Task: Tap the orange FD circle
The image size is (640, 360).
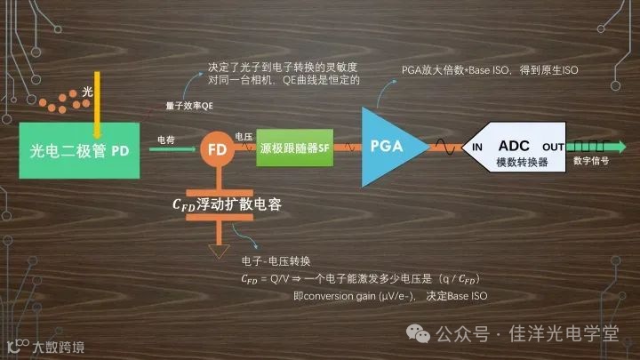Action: [x=217, y=150]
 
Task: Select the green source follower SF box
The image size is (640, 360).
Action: [x=293, y=148]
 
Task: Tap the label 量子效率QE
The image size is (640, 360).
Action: [x=189, y=105]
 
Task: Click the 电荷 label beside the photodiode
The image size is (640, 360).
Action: [x=166, y=140]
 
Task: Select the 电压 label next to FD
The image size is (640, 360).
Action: [x=244, y=136]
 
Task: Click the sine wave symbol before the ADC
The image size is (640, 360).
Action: [x=443, y=148]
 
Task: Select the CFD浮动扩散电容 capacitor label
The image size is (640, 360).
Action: [x=227, y=204]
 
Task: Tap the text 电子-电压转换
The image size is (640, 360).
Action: [x=276, y=261]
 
